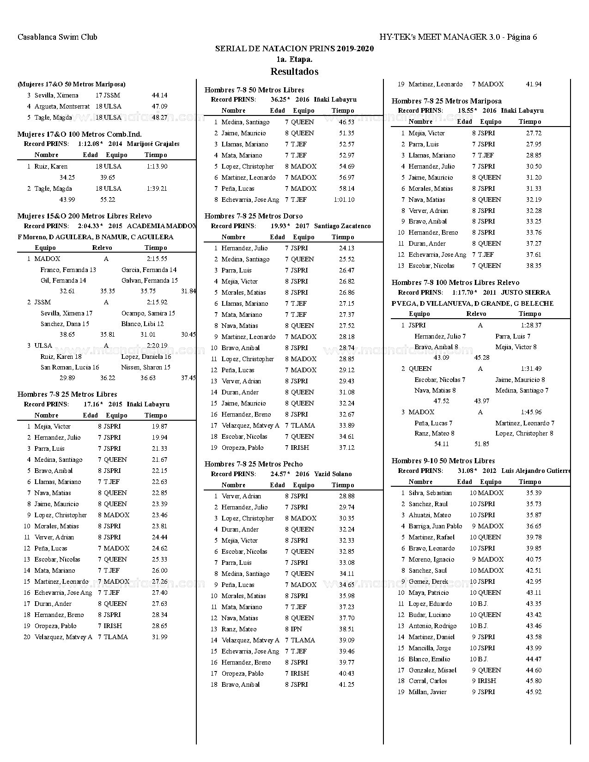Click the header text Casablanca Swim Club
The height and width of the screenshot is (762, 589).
point(57,37)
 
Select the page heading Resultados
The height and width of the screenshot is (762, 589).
point(294,72)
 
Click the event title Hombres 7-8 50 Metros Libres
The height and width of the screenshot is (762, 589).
point(254,90)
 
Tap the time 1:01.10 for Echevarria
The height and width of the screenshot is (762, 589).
point(344,200)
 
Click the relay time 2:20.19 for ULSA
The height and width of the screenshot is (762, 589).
point(157,345)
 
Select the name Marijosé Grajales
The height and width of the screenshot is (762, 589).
point(153,144)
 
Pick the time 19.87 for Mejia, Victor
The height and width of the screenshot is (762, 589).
point(159,426)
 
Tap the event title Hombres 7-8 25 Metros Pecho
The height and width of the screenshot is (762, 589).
point(254,464)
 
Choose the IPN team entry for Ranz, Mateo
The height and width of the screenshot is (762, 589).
point(296,629)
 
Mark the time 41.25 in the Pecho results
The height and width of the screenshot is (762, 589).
point(346,684)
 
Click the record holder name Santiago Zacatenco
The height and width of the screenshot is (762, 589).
point(342,226)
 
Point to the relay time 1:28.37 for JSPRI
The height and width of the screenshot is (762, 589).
point(531,325)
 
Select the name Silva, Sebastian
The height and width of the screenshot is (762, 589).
point(430,493)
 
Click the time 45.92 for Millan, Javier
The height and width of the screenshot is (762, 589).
point(534,692)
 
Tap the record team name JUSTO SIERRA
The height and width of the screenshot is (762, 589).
point(525,292)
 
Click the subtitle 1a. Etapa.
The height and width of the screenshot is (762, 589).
point(294,59)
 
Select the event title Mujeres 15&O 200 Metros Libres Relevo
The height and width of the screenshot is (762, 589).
point(85,216)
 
